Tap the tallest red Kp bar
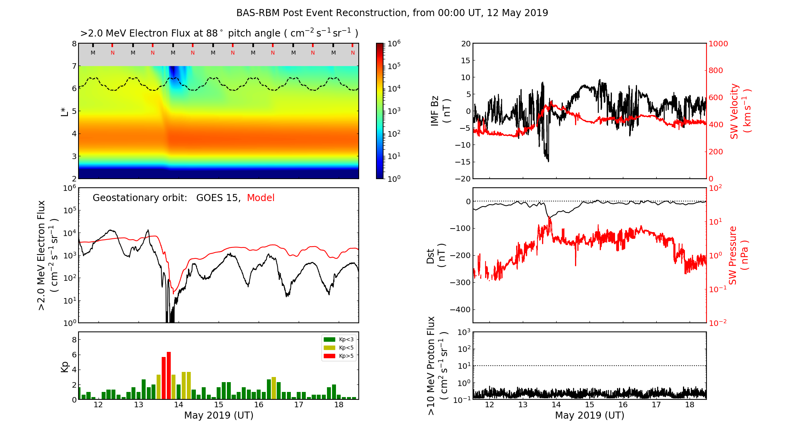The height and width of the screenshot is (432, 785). (169, 375)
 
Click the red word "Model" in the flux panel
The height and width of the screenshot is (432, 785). (261, 198)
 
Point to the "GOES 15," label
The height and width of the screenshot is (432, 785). (218, 198)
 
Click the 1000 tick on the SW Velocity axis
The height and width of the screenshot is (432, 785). (718, 44)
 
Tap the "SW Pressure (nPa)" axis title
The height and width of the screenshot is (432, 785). (739, 255)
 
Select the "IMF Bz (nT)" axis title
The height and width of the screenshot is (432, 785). (440, 112)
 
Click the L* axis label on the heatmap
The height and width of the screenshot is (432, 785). (65, 111)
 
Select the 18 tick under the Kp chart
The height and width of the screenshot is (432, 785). (339, 405)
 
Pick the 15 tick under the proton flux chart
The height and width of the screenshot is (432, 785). (590, 405)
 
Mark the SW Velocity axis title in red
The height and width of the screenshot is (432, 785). (739, 112)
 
